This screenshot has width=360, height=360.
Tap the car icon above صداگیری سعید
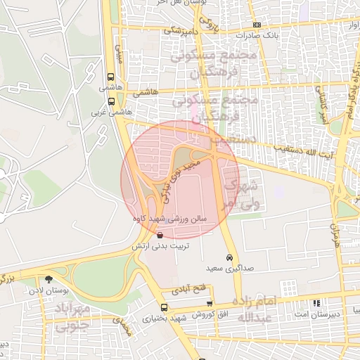tap(230, 257)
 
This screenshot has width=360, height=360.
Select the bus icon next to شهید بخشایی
tap(164, 307)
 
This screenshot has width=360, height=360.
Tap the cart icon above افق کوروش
tap(209, 302)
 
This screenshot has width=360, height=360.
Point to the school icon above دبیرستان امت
tap(315, 303)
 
